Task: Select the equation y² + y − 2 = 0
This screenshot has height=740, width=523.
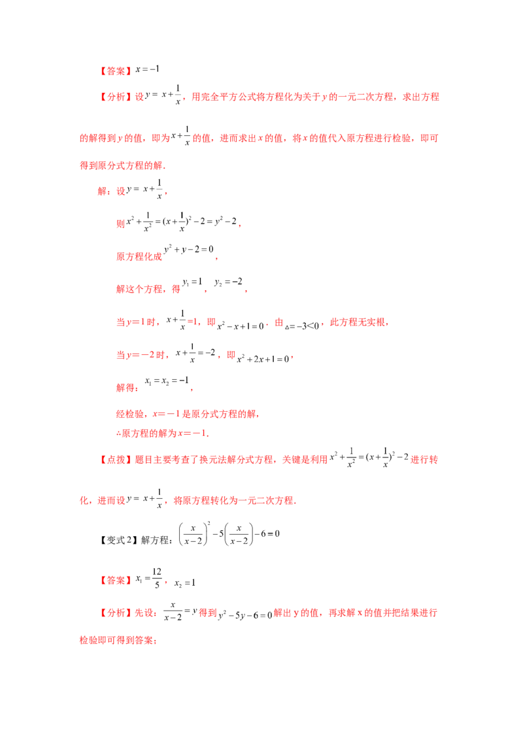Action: [x=189, y=249]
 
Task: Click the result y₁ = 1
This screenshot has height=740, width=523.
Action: [x=193, y=282]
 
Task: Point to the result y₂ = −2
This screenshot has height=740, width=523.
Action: [x=228, y=282]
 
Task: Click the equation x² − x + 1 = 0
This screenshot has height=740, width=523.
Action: [x=241, y=326]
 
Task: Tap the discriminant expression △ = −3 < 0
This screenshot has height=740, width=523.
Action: [x=302, y=326]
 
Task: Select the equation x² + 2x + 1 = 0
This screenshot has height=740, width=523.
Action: [x=263, y=359]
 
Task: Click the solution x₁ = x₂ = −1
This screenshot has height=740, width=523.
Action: [x=167, y=381]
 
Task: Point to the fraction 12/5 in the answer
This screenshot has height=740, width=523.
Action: [x=157, y=578]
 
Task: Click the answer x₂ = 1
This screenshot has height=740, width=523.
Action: [x=184, y=583]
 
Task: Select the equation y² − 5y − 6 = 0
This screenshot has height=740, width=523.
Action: [x=245, y=615]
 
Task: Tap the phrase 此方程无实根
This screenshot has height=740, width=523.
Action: [x=358, y=322]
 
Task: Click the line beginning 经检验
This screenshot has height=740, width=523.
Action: [x=187, y=414]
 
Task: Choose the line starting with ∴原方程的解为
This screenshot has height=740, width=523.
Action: [x=162, y=433]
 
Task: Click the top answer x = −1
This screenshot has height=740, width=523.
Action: [x=147, y=69]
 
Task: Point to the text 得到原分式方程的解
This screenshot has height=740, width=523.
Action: [x=122, y=165]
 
